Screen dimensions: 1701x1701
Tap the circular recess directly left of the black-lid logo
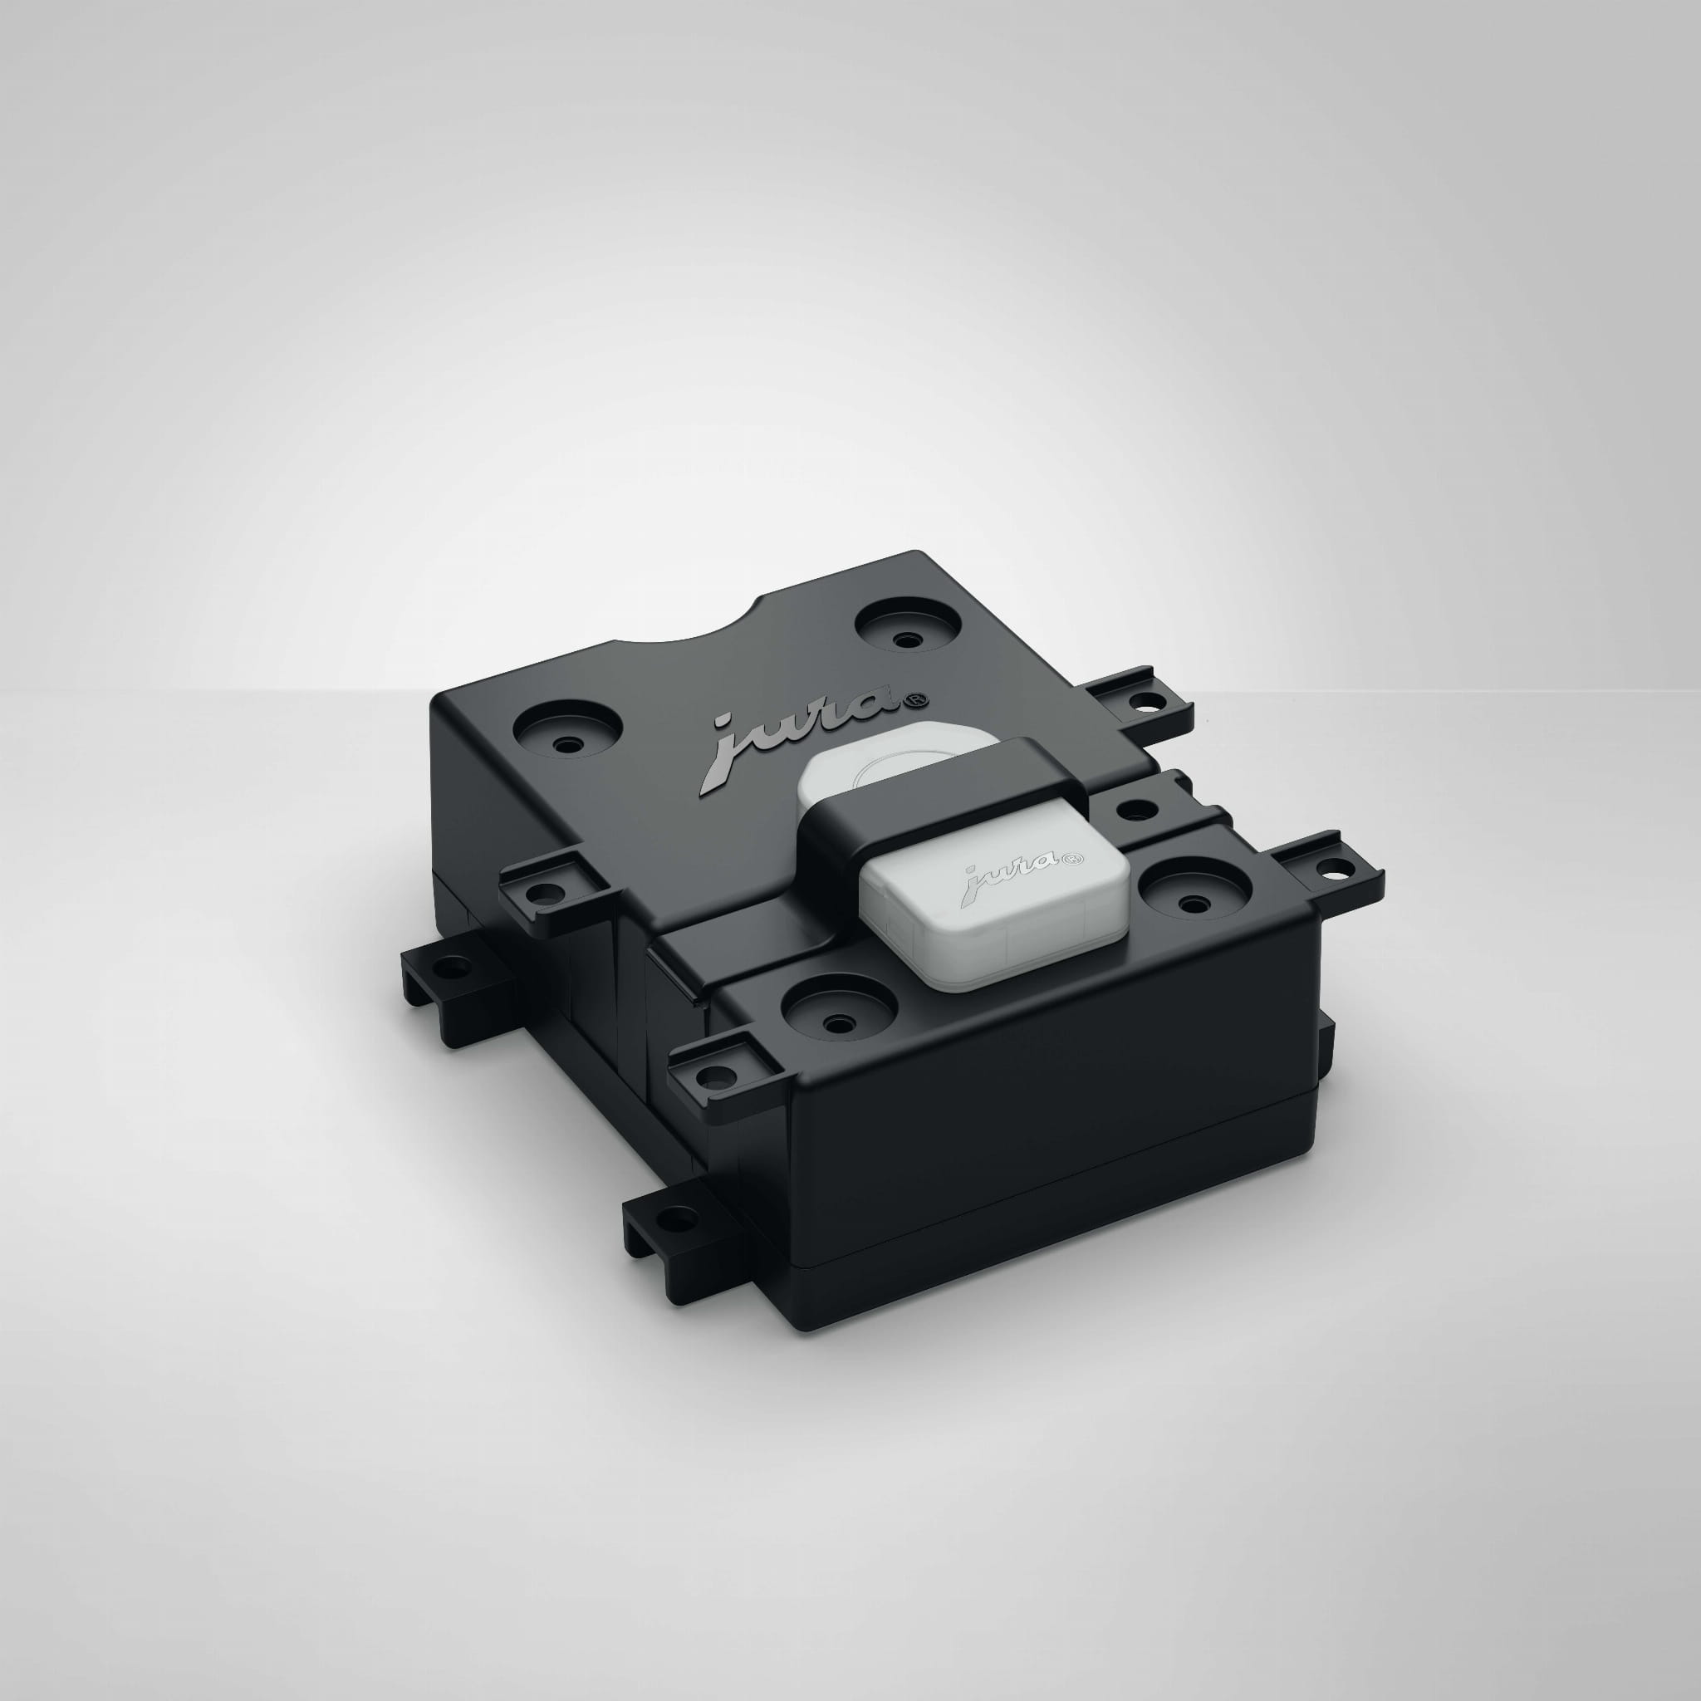[x=567, y=730]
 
